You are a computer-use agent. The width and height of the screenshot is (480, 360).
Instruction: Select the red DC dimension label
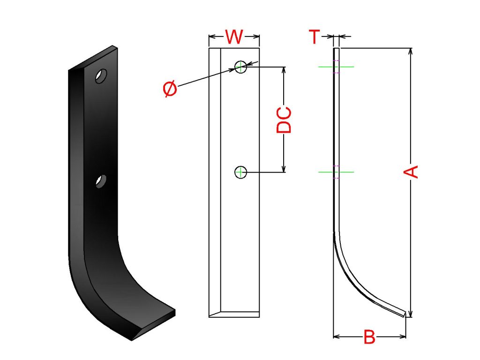click(284, 120)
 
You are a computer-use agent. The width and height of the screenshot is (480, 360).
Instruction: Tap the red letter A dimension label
click(411, 172)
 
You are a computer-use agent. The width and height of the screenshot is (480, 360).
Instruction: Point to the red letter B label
click(369, 337)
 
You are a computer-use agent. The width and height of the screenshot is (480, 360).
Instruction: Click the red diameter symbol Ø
click(171, 89)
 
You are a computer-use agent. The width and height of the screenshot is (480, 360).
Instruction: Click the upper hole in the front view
click(240, 67)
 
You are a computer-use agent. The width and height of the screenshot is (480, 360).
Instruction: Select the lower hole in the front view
click(240, 172)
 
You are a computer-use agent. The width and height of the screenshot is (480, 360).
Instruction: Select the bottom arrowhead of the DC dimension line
click(284, 169)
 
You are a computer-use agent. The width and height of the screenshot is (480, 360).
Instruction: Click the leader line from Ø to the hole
click(206, 78)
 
